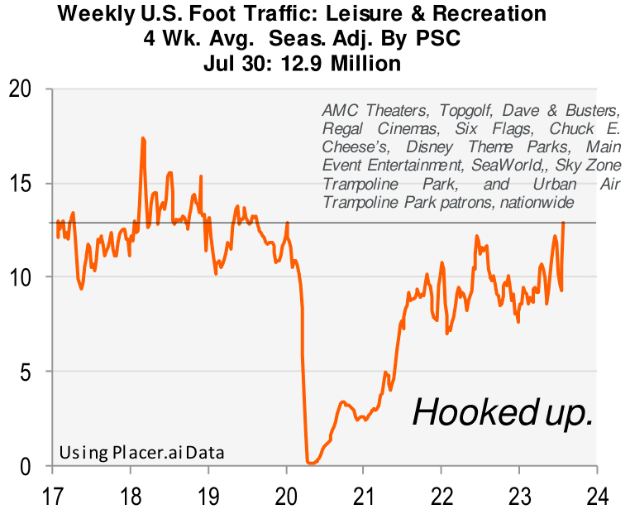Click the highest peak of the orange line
(143, 138)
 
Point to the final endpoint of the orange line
(563, 222)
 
